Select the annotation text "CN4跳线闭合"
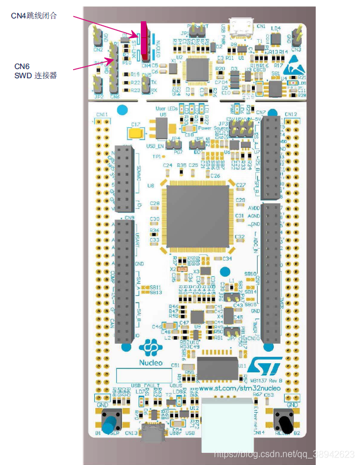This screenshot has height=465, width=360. click(x=34, y=16)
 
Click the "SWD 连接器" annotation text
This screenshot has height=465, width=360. click(x=35, y=75)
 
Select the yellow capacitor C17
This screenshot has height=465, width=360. click(x=137, y=132)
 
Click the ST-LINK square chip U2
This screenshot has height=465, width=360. click(x=197, y=70)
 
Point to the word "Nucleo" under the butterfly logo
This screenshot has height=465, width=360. click(x=151, y=363)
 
